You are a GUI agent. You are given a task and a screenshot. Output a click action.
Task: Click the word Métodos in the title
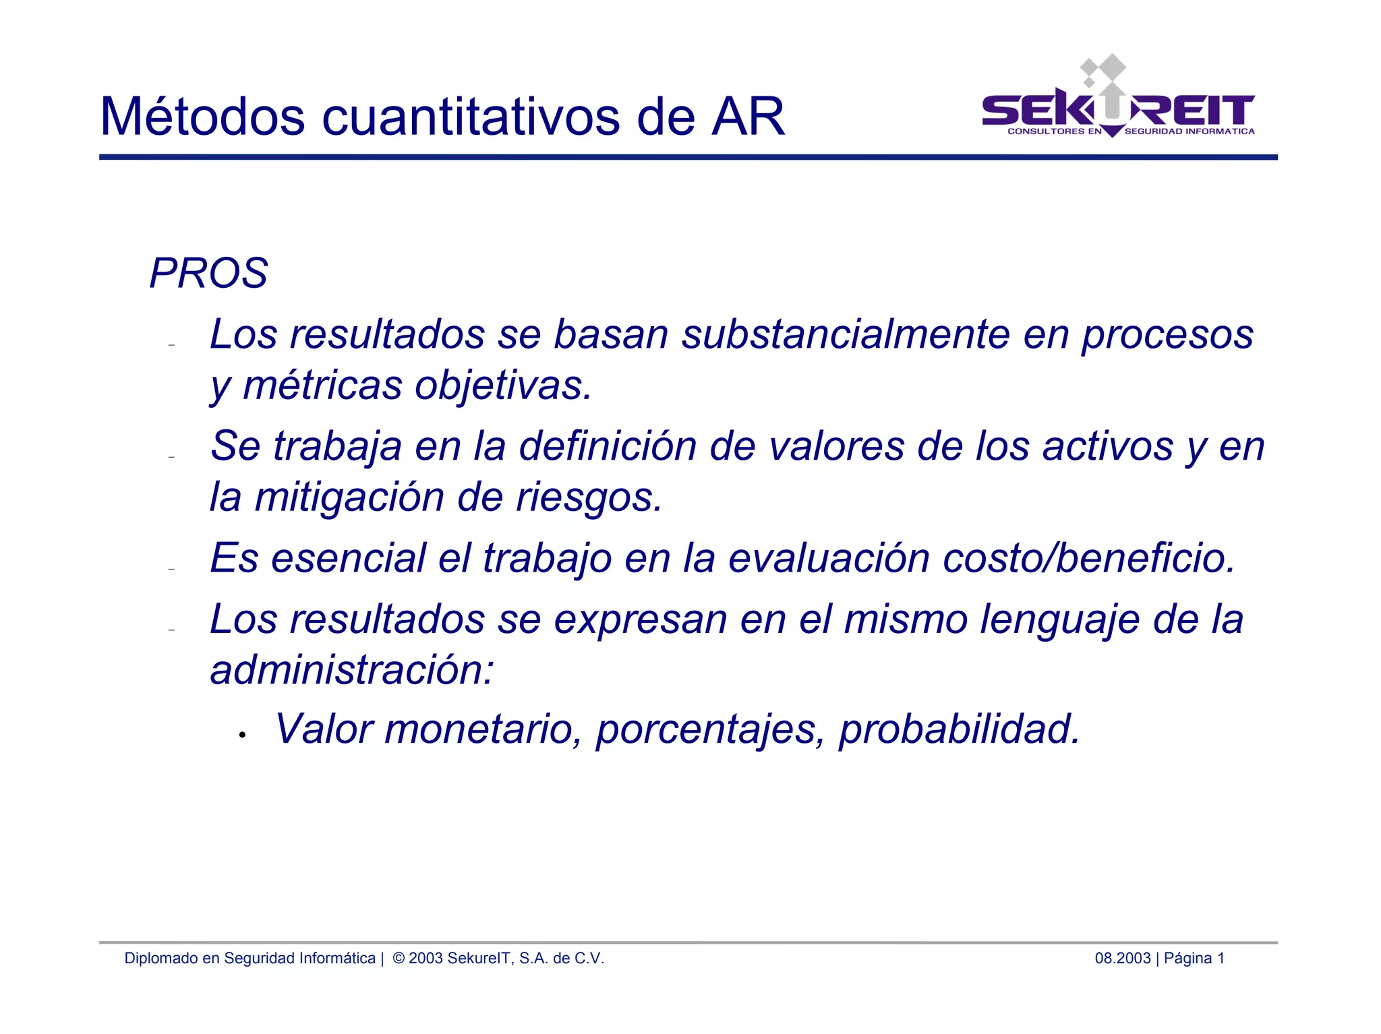[x=202, y=117]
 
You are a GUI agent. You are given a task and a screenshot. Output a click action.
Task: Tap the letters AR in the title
[x=748, y=117]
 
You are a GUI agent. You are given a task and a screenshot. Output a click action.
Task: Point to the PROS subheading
[x=208, y=274]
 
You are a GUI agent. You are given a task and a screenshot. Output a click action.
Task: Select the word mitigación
[x=349, y=497]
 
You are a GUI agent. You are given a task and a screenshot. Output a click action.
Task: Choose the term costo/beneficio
[x=1088, y=558]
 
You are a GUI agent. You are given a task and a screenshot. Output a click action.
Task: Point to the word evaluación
[x=829, y=558]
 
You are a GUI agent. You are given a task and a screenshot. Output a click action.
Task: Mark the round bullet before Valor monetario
[x=241, y=735]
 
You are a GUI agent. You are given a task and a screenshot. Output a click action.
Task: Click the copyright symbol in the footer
[x=399, y=959]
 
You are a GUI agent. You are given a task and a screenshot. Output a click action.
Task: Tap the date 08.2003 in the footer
[x=1122, y=959]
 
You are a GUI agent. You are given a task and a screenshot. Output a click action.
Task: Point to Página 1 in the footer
[x=1194, y=959]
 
